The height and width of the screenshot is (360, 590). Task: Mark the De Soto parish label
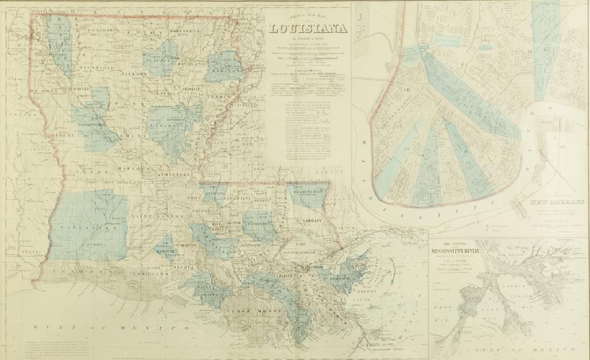(41, 92)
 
